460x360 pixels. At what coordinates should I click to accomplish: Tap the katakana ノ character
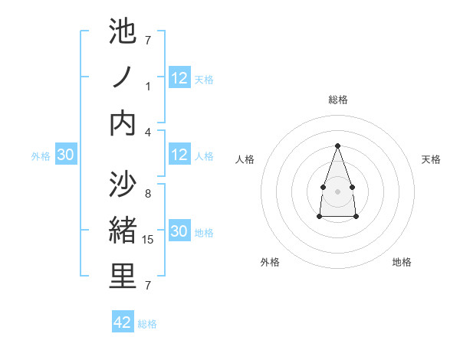coord(123,77)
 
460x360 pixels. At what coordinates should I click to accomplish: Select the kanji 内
coord(123,123)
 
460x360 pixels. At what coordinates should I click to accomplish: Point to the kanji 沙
coord(123,185)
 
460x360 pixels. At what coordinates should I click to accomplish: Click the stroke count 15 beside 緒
coord(149,240)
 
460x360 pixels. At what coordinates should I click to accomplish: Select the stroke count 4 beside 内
coord(148,132)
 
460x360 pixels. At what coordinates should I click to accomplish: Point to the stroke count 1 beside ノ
coord(148,87)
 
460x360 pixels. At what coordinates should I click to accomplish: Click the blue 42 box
coord(123,322)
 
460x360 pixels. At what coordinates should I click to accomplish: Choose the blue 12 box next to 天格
coord(179,78)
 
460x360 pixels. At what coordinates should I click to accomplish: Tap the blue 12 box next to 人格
coord(179,155)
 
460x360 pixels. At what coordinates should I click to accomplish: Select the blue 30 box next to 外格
coord(66,155)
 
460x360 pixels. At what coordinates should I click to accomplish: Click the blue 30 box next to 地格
coord(179,231)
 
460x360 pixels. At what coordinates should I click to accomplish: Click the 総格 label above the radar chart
coord(337,100)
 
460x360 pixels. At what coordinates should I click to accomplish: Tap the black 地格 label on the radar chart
coord(402,262)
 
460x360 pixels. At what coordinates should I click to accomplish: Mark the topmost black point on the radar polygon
coord(337,146)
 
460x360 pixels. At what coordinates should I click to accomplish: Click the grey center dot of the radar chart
coord(337,190)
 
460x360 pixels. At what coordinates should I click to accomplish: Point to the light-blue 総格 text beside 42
coord(147,323)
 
